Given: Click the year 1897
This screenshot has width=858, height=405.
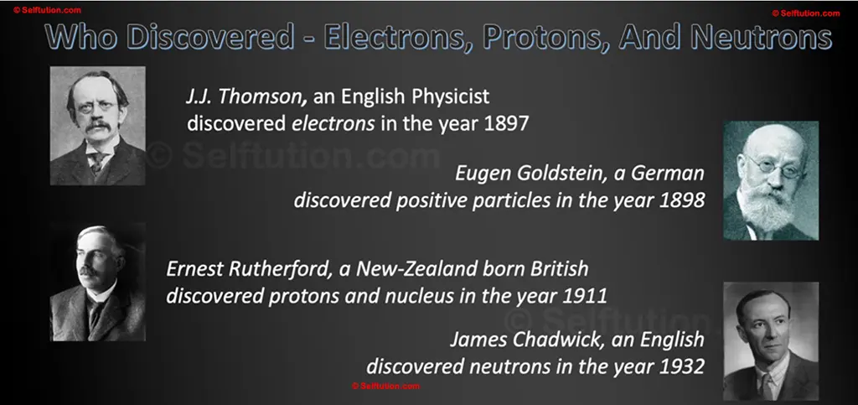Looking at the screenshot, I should [x=506, y=122].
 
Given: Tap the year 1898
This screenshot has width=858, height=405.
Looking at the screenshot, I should [x=681, y=202].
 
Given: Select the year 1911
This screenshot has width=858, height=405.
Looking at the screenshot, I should [x=584, y=296].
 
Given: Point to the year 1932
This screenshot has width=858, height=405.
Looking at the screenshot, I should [x=681, y=367].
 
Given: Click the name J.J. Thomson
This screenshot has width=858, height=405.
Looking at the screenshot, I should [x=242, y=96].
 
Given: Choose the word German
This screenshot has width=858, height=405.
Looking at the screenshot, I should [x=669, y=174].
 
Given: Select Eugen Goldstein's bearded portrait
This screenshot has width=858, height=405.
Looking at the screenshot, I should [x=770, y=180].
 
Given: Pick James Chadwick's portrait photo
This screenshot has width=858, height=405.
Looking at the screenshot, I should [x=770, y=340].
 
